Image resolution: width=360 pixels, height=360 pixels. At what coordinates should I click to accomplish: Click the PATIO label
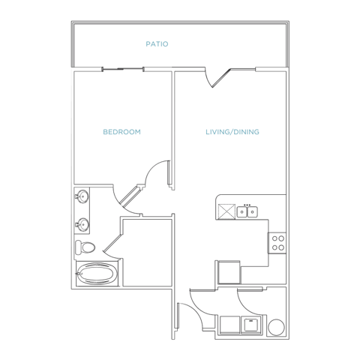[x=157, y=44]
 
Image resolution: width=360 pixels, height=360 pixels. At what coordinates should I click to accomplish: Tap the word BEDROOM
[x=121, y=132]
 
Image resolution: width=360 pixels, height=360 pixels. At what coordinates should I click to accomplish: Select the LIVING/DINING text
[x=232, y=132]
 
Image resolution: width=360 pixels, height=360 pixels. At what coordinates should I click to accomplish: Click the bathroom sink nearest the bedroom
[x=82, y=196]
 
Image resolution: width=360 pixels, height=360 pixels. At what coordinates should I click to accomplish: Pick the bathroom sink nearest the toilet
[x=82, y=224]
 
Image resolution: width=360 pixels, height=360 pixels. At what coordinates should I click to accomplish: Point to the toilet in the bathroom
[x=85, y=247]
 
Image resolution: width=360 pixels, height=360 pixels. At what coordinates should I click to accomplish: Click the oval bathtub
[x=96, y=274]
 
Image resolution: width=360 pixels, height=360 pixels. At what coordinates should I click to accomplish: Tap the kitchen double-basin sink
[x=247, y=211]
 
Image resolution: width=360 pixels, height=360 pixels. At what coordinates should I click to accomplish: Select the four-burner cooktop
[x=277, y=243]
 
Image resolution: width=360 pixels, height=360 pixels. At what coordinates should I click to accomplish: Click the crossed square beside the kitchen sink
[x=226, y=211]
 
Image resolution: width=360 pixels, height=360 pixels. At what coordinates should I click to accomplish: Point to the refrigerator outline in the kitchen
[x=229, y=272]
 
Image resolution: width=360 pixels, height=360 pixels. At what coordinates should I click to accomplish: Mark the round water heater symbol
[x=276, y=327]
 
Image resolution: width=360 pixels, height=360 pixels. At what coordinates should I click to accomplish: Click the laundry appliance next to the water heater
[x=251, y=324]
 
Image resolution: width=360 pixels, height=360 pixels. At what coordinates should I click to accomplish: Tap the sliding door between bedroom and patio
[x=123, y=69]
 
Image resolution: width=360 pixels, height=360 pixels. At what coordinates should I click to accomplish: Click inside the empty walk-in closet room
[x=148, y=253]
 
